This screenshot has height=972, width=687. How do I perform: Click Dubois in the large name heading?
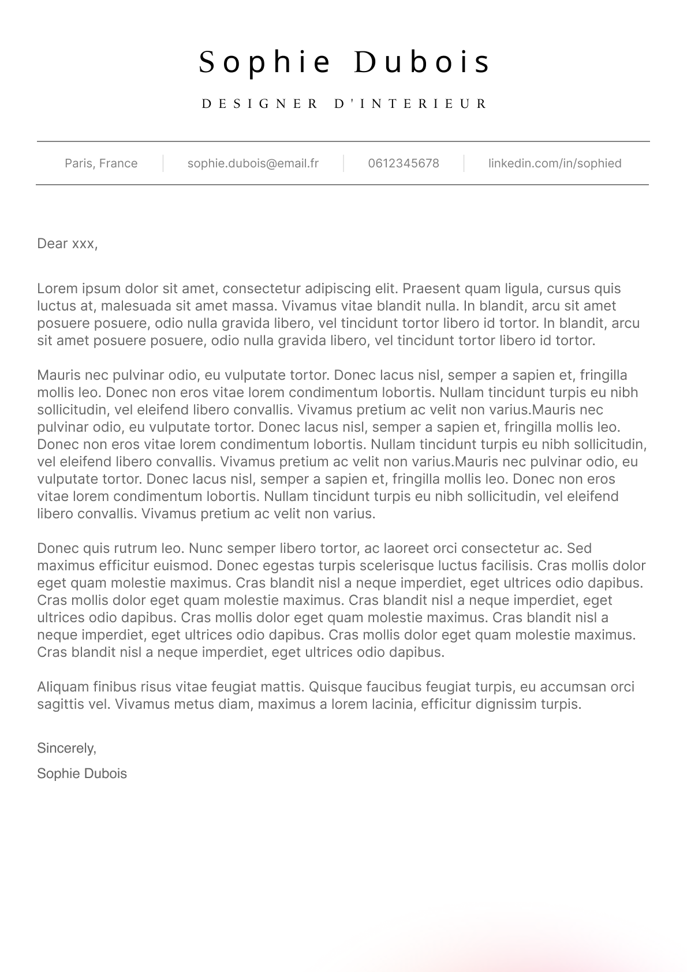tap(421, 62)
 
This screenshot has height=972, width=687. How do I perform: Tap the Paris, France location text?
tap(101, 163)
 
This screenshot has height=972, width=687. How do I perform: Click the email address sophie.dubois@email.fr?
tap(253, 163)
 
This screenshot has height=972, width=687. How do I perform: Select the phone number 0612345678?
tap(404, 163)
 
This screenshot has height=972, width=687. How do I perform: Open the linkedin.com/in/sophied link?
tap(555, 163)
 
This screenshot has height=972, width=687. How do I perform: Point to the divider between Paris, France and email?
tap(163, 163)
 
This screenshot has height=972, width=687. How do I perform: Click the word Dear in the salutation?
tap(53, 244)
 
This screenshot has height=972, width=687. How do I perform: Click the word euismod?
tap(186, 566)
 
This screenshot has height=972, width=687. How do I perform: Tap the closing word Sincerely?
tap(66, 748)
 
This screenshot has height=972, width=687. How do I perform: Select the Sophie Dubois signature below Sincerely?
tap(82, 773)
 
